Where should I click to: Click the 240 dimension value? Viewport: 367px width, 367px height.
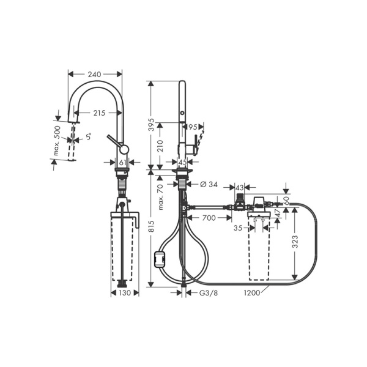tap(94, 75)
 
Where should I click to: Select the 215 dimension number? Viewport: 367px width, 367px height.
tap(100, 113)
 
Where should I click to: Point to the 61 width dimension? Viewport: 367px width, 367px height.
tap(122, 163)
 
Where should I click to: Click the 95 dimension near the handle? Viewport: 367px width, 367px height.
tap(193, 127)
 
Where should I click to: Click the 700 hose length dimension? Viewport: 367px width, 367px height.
tap(209, 217)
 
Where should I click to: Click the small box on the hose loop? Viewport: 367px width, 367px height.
tap(161, 259)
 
